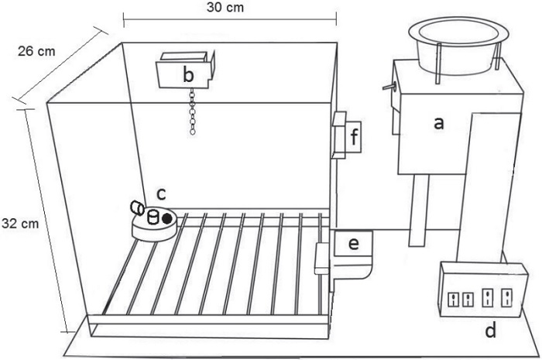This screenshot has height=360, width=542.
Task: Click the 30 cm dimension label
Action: click(x=225, y=8)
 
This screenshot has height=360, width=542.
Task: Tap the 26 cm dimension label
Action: click(x=36, y=51)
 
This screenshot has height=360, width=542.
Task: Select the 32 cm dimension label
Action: click(x=20, y=224)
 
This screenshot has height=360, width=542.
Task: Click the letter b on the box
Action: click(x=188, y=74)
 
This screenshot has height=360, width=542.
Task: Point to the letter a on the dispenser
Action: click(x=439, y=123)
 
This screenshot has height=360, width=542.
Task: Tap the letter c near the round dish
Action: click(x=161, y=194)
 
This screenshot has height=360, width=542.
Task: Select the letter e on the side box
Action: click(x=353, y=244)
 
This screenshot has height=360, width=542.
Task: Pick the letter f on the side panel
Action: click(x=354, y=137)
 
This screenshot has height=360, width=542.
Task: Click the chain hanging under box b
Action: click(x=193, y=111)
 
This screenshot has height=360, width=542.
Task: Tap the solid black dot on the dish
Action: click(x=167, y=218)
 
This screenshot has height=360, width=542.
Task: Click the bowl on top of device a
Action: click(x=458, y=45)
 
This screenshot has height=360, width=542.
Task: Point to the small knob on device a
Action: click(x=389, y=87)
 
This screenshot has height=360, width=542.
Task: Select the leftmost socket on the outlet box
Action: click(x=453, y=300)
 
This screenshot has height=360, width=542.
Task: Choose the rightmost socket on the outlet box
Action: click(x=506, y=298)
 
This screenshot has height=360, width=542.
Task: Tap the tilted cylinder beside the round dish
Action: click(x=137, y=208)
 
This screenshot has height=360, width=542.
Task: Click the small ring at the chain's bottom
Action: click(x=193, y=132)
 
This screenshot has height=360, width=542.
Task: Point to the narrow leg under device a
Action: click(x=418, y=210)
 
